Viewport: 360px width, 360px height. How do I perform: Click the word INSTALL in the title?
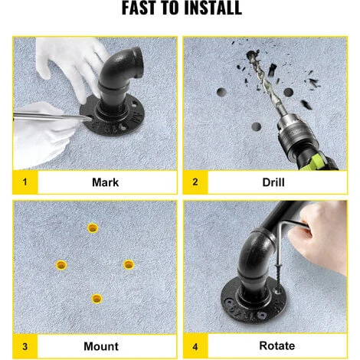(213, 8)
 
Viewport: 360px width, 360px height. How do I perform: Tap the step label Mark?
(105, 182)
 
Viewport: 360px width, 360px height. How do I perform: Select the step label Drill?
(273, 182)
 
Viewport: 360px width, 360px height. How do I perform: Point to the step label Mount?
(101, 346)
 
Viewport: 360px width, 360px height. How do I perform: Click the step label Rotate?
(277, 345)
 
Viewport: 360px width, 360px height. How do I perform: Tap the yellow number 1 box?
(25, 182)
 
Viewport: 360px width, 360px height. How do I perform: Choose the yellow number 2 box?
(195, 182)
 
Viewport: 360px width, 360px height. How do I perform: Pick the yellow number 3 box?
(25, 346)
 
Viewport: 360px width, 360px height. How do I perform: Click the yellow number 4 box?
(195, 346)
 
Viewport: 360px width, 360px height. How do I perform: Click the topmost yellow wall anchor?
(93, 228)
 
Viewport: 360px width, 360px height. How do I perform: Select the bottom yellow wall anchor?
(97, 299)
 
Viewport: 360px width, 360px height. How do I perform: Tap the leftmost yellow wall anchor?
(61, 265)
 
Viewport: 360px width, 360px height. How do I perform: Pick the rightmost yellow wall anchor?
(129, 265)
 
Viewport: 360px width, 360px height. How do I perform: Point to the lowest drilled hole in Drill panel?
(256, 126)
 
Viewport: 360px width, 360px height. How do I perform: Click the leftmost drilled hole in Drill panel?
(221, 92)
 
